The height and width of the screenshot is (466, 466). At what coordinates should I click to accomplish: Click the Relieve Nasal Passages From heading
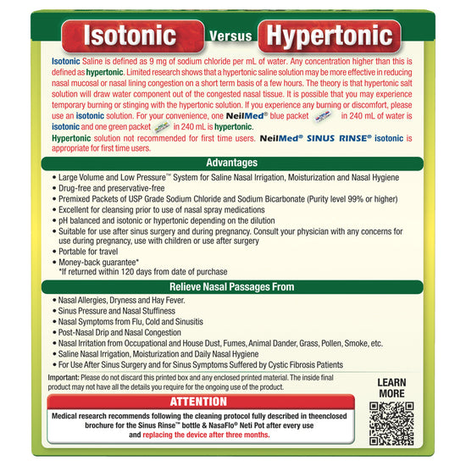[x=232, y=286]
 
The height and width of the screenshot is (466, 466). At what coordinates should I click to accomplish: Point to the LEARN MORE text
[x=391, y=388]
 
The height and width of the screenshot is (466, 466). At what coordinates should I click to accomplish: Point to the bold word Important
[x=64, y=377]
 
